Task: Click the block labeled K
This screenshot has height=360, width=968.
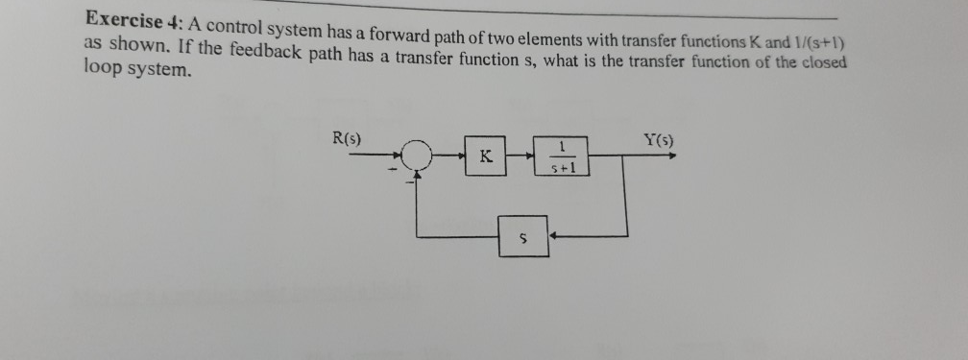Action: pos(485,156)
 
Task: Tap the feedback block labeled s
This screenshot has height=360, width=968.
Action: pos(523,236)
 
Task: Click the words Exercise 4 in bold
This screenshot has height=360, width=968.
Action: pos(132,19)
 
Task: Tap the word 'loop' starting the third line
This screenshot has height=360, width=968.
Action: pos(101,71)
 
